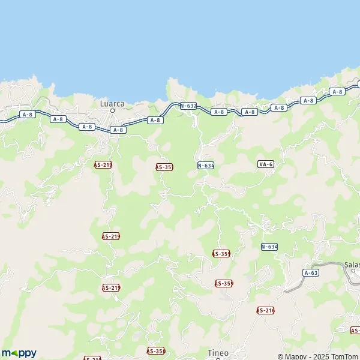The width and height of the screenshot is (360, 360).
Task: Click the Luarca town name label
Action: (112, 103)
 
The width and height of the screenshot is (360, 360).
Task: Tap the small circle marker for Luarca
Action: (112, 110)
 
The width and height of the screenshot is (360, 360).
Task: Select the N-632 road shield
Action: (188, 106)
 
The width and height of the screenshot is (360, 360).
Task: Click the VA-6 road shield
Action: (266, 164)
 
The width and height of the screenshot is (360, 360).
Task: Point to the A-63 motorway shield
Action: (310, 272)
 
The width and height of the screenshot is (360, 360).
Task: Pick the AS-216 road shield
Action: (265, 310)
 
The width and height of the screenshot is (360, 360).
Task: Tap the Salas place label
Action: (352, 265)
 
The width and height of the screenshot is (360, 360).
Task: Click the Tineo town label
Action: (218, 352)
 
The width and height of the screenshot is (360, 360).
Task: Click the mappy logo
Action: (19, 353)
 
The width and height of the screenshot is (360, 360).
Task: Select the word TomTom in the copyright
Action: (344, 356)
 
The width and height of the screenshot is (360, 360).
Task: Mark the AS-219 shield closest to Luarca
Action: (103, 164)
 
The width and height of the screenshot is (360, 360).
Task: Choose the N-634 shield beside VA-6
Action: (206, 165)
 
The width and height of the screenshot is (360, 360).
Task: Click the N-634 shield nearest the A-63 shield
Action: (269, 247)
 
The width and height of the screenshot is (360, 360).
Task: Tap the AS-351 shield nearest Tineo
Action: (156, 350)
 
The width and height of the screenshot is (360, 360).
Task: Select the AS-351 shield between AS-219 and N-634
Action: (164, 167)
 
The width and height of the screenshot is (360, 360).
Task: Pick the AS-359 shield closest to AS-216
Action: (224, 283)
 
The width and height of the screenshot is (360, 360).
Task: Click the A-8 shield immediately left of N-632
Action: (155, 120)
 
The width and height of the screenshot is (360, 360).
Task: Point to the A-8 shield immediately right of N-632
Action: (219, 112)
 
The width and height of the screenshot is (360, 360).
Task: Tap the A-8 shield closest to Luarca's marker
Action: (118, 130)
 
